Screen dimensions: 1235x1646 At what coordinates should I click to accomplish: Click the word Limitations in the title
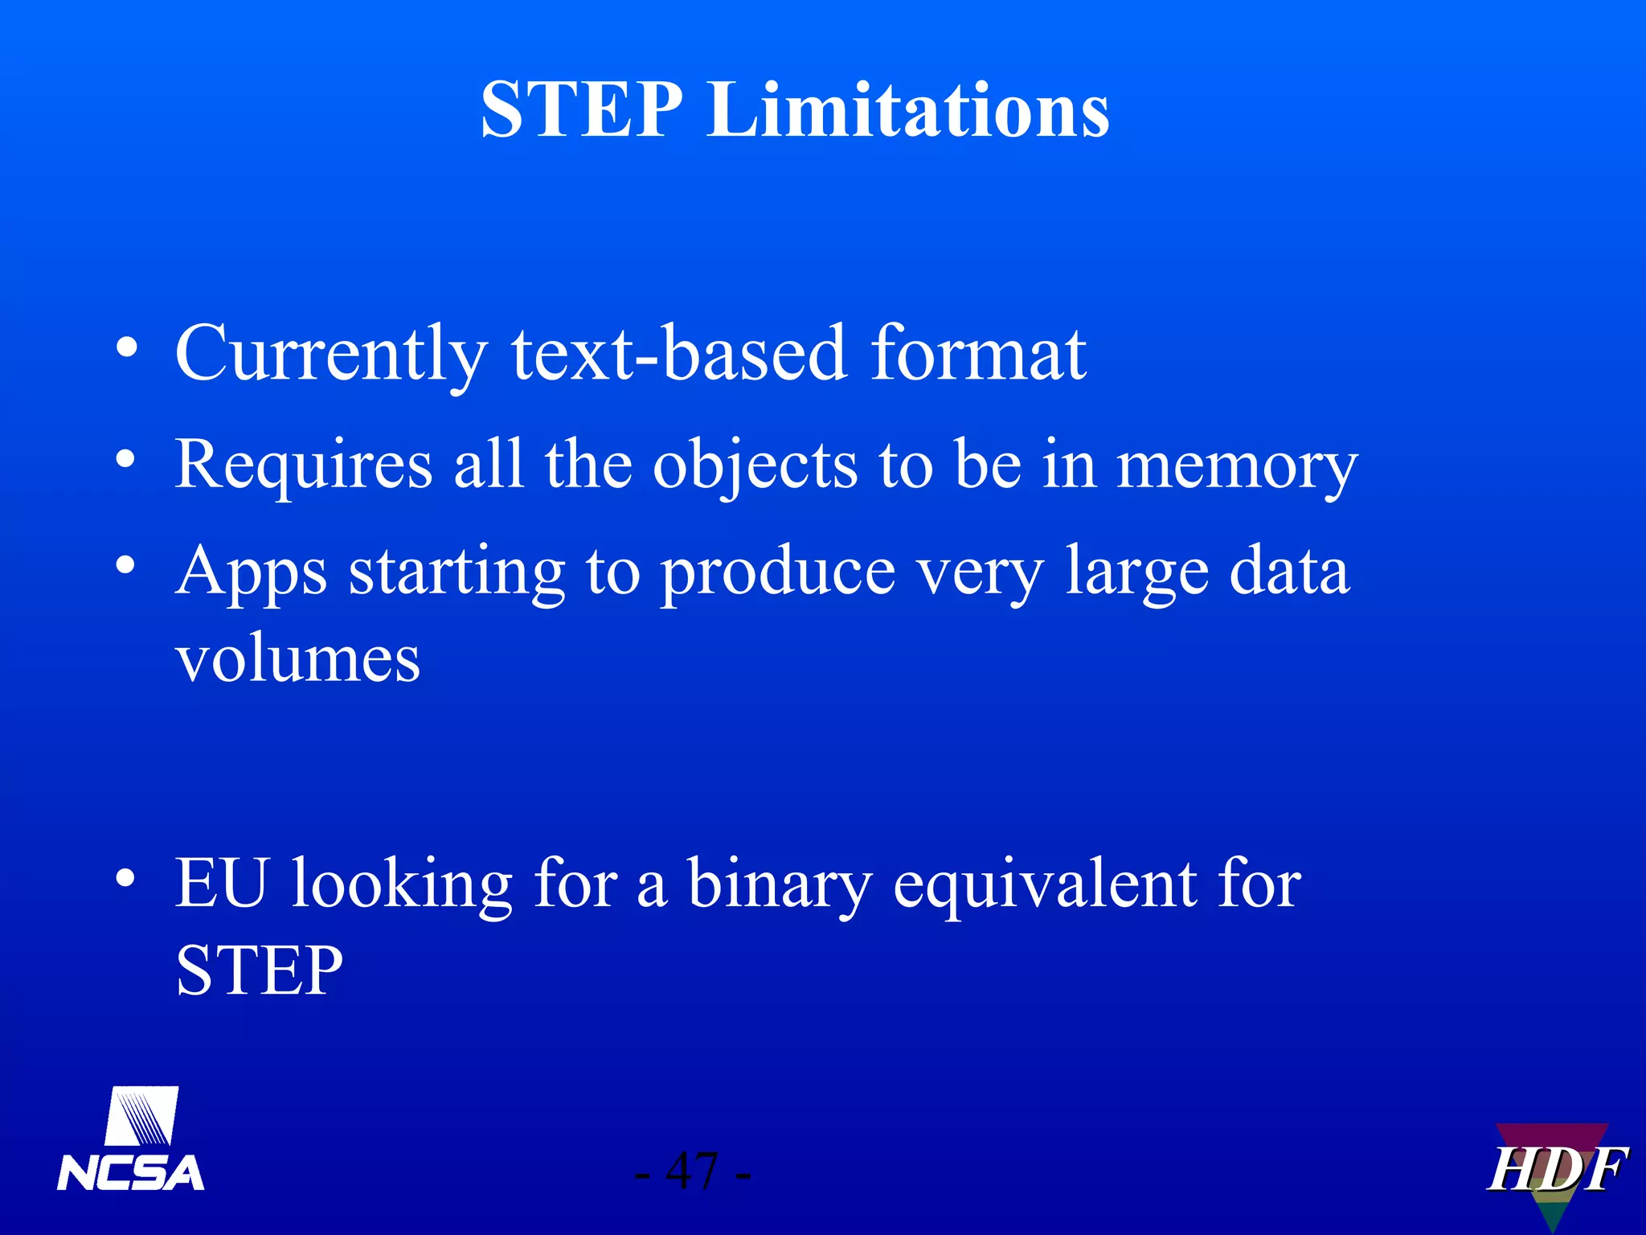tap(908, 110)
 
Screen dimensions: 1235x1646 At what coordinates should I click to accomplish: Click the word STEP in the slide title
tap(581, 110)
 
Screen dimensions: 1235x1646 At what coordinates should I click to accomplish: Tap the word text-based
tap(679, 354)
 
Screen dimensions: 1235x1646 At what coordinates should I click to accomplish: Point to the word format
tap(978, 354)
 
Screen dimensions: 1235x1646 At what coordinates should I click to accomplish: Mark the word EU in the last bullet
tap(221, 883)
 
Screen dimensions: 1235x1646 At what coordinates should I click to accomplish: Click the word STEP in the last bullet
tap(259, 970)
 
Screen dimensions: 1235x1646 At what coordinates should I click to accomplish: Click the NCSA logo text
tap(130, 1172)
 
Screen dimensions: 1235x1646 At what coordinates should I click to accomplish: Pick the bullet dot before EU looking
tap(125, 877)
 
